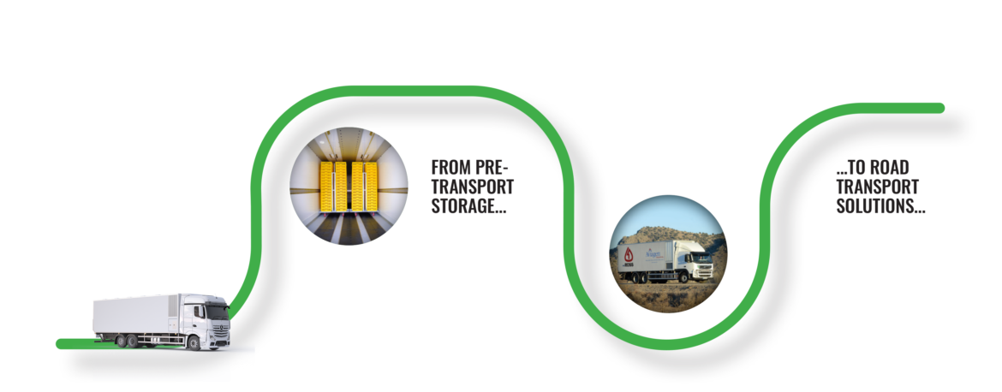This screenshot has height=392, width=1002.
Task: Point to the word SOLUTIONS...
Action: (880, 207)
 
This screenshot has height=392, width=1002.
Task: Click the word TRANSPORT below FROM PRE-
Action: (473, 187)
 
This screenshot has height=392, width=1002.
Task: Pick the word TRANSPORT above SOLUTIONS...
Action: (877, 187)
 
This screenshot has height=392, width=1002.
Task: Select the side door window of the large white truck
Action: (199, 312)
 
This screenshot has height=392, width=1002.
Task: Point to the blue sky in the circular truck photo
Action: (665, 214)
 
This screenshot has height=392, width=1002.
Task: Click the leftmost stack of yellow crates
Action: (326, 187)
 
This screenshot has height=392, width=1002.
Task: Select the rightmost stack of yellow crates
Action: (372, 187)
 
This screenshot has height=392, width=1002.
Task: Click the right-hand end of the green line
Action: (940, 108)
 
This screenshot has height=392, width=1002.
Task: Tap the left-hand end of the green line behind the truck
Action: (61, 344)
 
